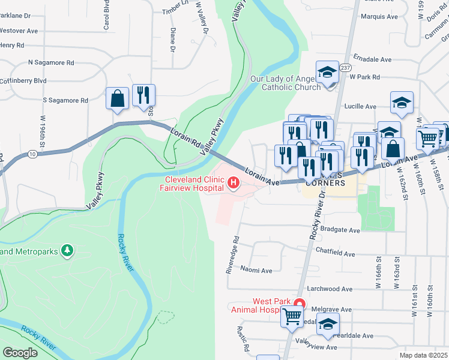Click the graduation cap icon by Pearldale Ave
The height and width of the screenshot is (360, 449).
pos(327,325)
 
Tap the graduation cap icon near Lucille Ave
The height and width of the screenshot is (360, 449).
pos(402,102)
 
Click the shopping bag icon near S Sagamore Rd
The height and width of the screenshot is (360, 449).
pos(118,98)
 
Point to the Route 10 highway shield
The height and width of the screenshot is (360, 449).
pos(32,155)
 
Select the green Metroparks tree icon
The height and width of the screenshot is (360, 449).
pos(68,250)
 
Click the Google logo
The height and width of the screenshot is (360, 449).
pos(20,352)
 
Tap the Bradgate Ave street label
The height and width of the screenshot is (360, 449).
pos(340,230)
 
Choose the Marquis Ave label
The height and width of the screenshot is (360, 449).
pos(379,17)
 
